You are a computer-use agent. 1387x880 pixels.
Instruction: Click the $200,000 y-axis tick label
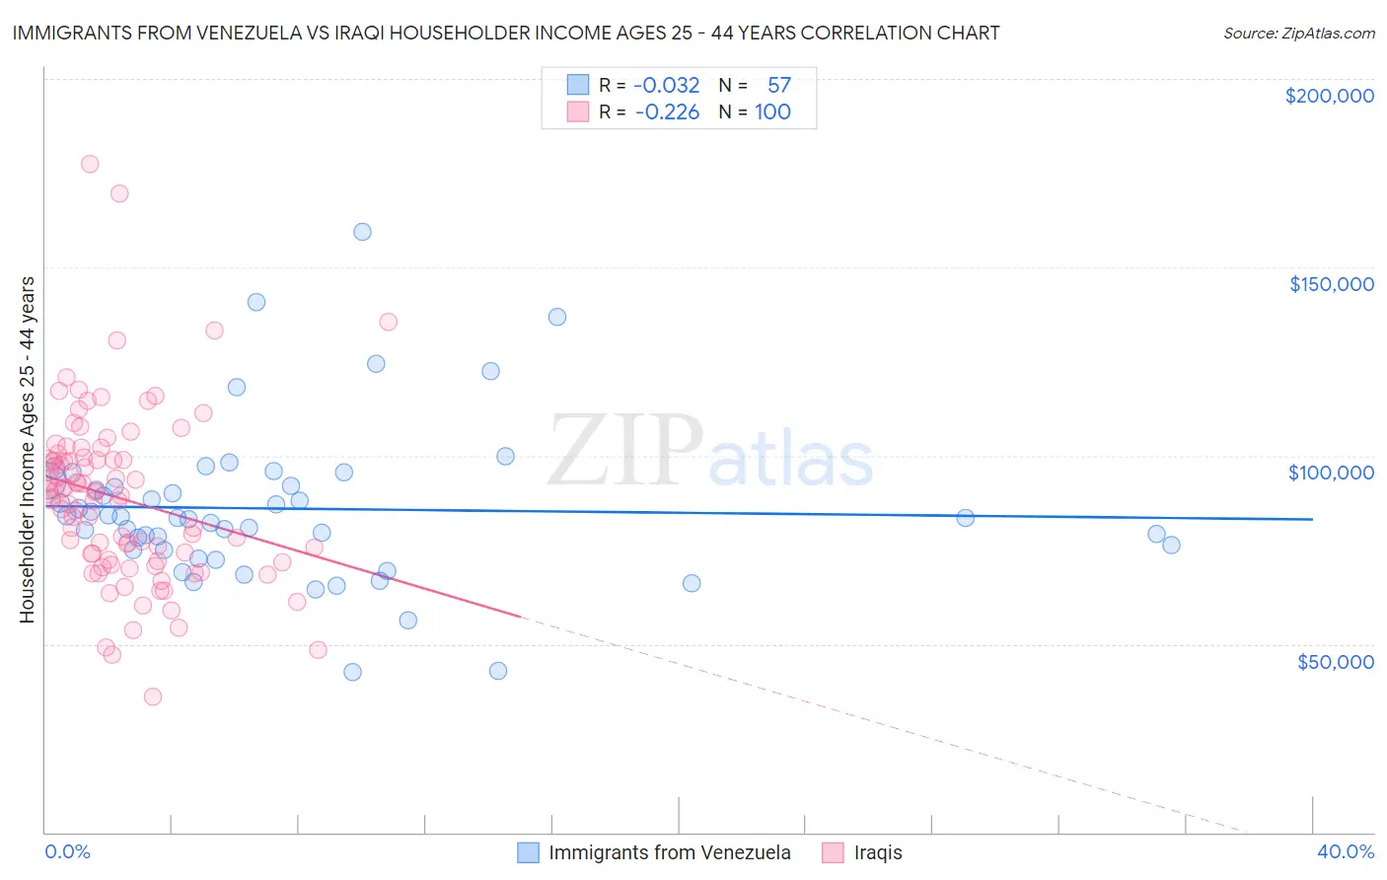[x=1329, y=96]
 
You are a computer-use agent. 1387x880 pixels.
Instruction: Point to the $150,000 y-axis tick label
[x=1331, y=284]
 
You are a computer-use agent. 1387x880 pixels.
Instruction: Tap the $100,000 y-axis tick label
[x=1331, y=473]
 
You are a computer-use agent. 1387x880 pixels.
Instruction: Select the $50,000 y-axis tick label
[x=1335, y=661]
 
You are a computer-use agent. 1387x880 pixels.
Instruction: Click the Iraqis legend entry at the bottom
[x=877, y=852]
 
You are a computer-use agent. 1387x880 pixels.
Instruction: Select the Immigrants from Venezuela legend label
[x=669, y=852]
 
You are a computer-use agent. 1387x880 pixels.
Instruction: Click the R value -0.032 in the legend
[x=667, y=86]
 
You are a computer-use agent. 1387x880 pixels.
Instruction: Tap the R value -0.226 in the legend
[x=667, y=112]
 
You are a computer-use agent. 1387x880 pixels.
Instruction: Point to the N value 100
[x=772, y=112]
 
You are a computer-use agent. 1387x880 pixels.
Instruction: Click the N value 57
[x=778, y=86]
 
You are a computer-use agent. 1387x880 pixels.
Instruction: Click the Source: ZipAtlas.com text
[x=1298, y=34]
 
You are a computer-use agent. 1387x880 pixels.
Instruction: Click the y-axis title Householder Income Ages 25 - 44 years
[x=28, y=450]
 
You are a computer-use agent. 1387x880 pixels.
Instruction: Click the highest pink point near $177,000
[x=90, y=164]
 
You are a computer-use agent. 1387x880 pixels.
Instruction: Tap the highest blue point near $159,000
[x=362, y=232]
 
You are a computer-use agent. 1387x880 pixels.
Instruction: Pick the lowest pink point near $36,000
[x=152, y=697]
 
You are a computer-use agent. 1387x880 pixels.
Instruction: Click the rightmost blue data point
[x=1171, y=545]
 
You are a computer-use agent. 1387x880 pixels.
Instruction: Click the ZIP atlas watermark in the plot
[x=710, y=452]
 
